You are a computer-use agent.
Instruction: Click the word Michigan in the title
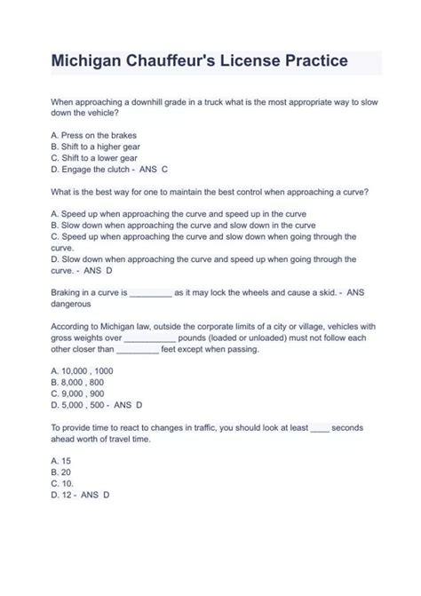pos(88,63)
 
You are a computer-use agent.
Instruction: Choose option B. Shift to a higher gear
pos(96,147)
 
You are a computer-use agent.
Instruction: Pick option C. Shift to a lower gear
pos(95,157)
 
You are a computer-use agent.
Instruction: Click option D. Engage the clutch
pos(91,169)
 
